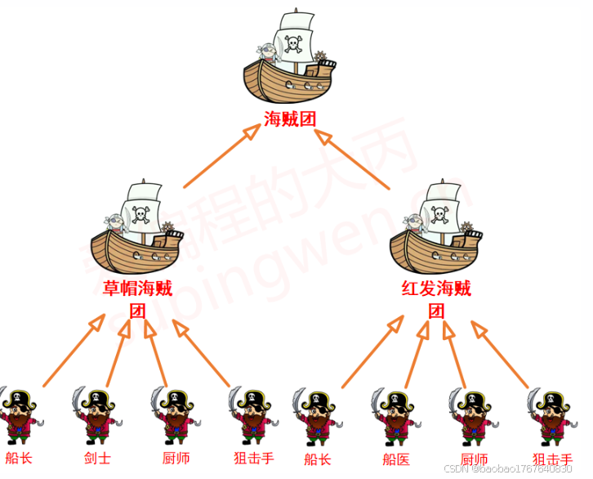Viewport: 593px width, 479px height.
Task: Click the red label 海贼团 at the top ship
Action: [290, 119]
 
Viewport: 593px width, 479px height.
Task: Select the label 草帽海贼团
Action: [137, 298]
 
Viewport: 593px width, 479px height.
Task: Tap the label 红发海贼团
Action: [437, 298]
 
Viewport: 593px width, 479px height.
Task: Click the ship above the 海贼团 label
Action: [290, 61]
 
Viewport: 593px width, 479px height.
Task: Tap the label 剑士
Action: [97, 458]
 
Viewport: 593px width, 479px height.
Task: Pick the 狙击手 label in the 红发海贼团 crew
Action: [552, 459]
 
